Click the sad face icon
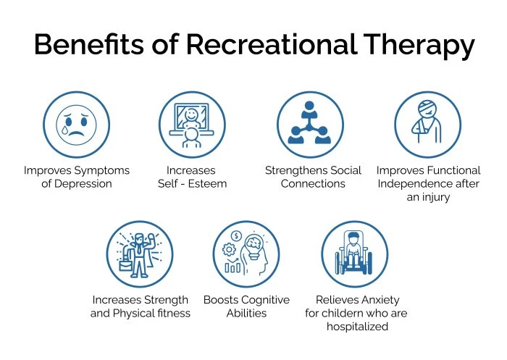pyautogui.click(x=77, y=124)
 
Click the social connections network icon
pyautogui.click(x=310, y=124)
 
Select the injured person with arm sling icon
pyautogui.click(x=427, y=124)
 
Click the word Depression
pyautogui.click(x=86, y=184)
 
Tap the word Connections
pyautogui.click(x=314, y=184)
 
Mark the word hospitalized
pyautogui.click(x=358, y=327)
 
